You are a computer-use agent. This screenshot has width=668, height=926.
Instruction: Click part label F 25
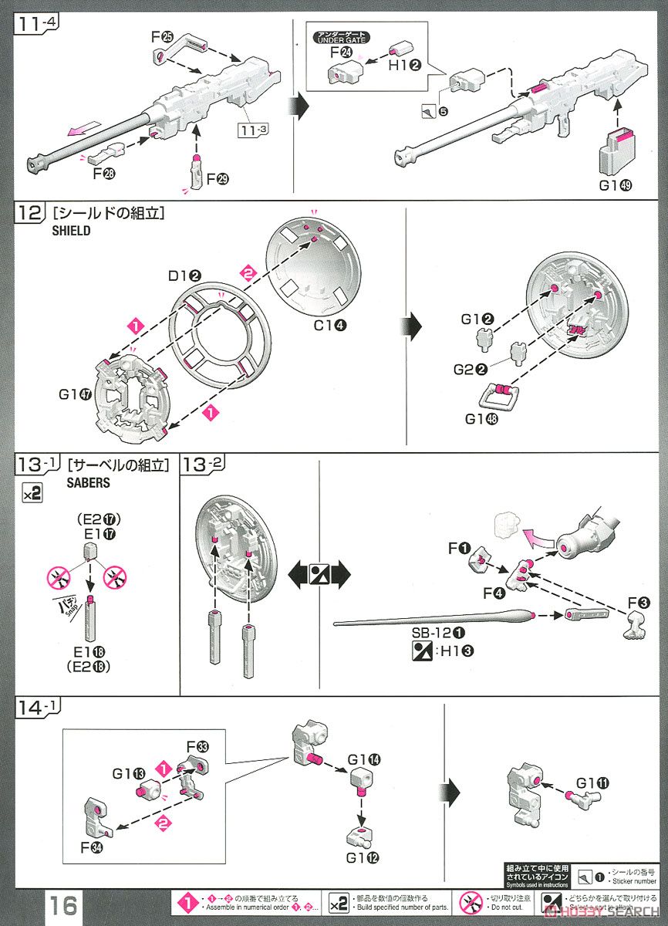[x=163, y=36]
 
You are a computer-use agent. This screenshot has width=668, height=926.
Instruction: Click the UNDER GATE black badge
[x=341, y=36]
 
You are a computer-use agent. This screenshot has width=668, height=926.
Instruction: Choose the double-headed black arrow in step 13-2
[x=318, y=574]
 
